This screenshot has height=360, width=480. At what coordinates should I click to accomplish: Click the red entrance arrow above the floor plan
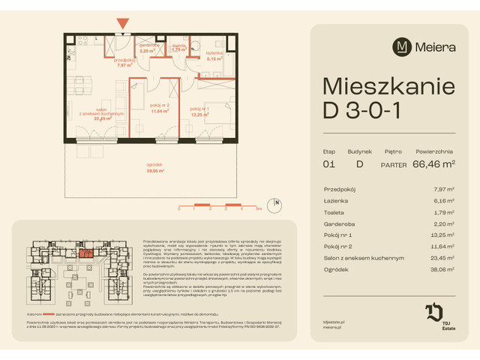[x=123, y=23]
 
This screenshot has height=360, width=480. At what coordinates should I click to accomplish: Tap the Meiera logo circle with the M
[x=403, y=46]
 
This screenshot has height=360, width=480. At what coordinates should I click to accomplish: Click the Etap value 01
[x=328, y=163]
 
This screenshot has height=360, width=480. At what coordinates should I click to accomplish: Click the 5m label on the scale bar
[x=256, y=209]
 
